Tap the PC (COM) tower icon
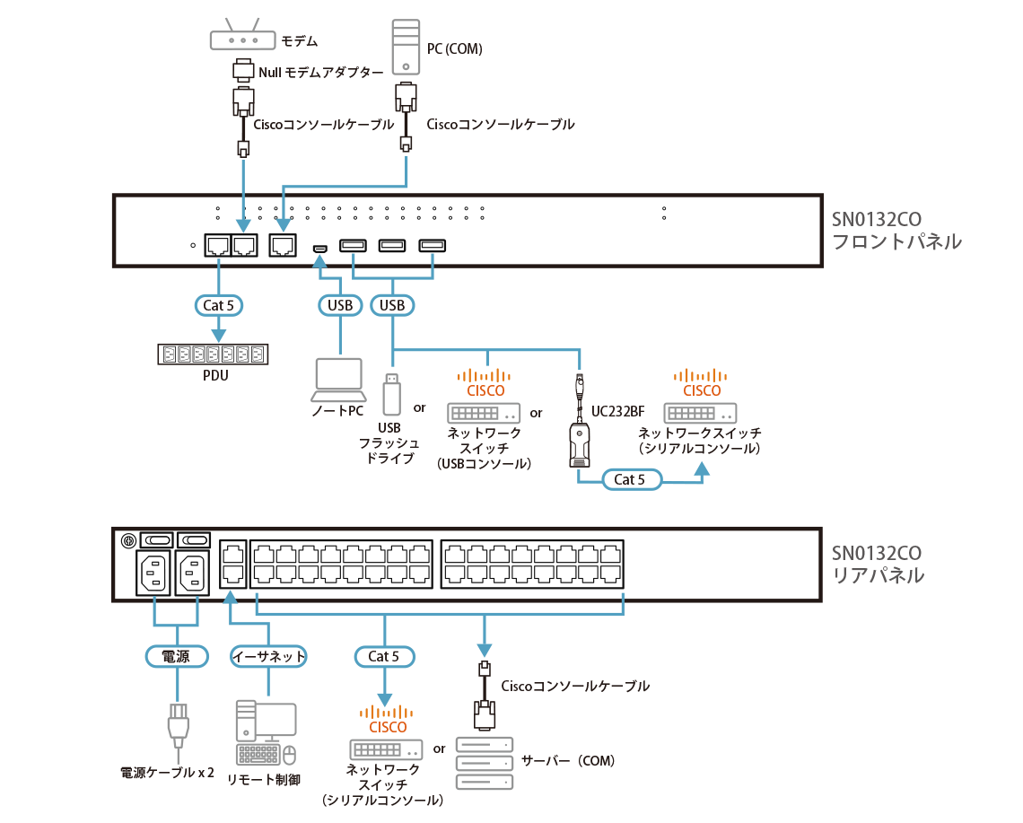coord(407,48)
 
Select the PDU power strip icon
coord(214,355)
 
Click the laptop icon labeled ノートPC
coord(338,381)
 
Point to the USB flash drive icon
coord(391,390)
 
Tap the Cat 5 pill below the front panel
coord(218,305)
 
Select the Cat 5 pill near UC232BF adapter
coord(629,479)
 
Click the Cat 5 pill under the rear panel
coord(384,656)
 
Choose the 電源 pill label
coord(176,656)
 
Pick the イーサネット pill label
coord(268,656)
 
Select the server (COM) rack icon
coord(485,762)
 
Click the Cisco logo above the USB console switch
coord(485,383)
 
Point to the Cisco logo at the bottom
coord(387,719)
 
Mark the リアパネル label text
coord(879,576)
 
